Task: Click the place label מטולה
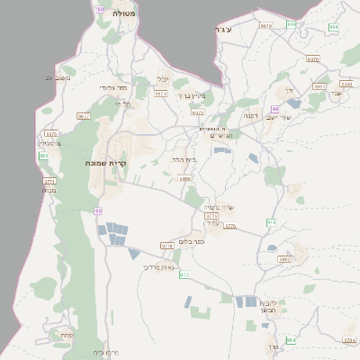(x=123, y=15)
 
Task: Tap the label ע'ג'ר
(x=225, y=31)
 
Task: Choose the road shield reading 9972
(x=198, y=113)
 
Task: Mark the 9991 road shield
(x=319, y=86)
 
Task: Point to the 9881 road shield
(x=285, y=259)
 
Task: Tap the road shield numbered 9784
(x=350, y=339)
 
